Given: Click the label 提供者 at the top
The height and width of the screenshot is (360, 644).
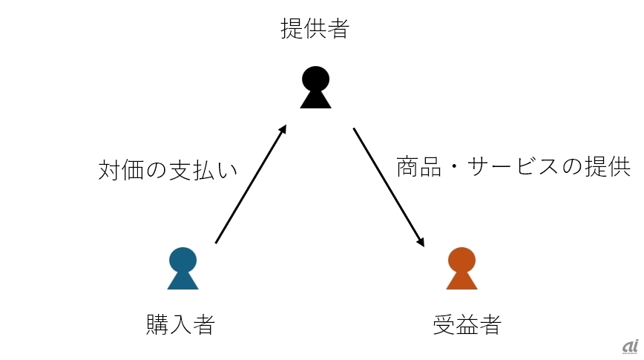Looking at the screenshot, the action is (315, 28).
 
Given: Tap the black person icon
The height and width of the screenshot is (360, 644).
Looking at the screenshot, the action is (315, 87).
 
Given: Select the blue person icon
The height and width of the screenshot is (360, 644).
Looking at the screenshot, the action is (183, 269).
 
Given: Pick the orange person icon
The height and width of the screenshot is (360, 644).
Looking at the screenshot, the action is (461, 269).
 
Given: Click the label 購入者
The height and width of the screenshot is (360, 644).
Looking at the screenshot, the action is (181, 324).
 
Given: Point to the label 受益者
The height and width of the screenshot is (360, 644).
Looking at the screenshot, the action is (467, 324).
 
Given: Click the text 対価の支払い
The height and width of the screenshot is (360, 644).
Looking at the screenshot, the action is (168, 170).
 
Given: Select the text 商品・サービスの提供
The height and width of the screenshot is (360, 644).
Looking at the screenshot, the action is (513, 166).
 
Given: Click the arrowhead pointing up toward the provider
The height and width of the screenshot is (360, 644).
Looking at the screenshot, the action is (282, 129).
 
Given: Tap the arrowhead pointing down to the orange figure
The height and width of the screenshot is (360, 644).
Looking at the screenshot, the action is (420, 242).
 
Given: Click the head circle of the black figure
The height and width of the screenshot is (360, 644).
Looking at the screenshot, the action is (315, 79).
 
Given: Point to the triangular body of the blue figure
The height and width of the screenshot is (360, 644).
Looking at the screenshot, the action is (183, 280).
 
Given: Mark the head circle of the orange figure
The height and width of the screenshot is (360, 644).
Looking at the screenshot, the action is (461, 260).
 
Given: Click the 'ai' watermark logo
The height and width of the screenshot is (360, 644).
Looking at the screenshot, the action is (631, 347).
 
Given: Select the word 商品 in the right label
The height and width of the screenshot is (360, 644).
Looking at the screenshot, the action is (419, 166).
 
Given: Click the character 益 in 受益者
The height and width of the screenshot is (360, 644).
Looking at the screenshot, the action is (467, 324).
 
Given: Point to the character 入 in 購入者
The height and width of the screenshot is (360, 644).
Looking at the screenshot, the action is (181, 324).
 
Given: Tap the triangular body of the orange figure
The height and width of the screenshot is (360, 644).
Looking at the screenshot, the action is (461, 280).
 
